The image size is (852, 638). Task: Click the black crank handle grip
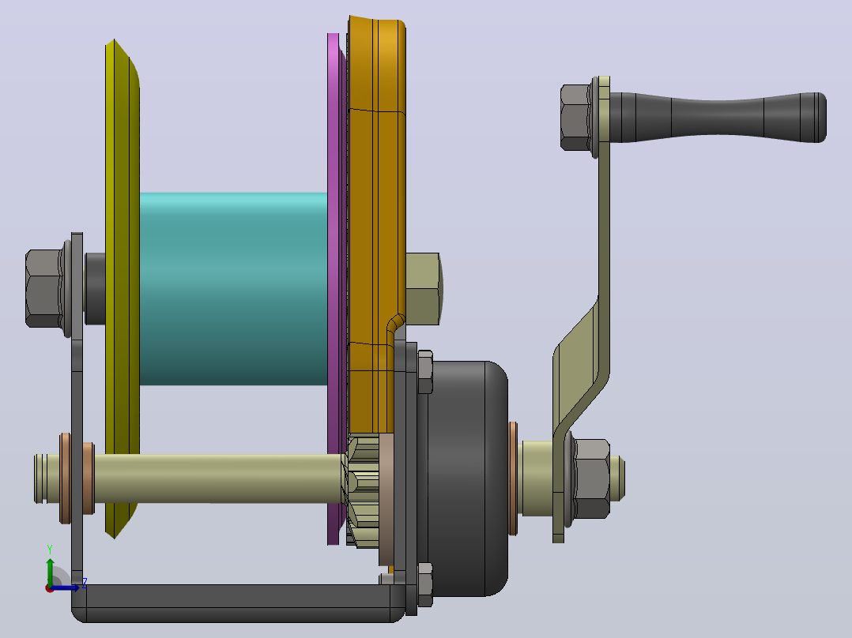(x=718, y=118)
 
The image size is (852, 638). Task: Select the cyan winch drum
(x=234, y=289)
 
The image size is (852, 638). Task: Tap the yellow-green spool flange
(x=123, y=289)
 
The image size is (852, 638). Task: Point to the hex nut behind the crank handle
(x=576, y=118)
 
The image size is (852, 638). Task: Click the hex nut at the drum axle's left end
(x=43, y=288)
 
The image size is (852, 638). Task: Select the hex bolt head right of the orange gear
(x=424, y=289)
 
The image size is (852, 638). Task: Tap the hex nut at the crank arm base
(x=591, y=478)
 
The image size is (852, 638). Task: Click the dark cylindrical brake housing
(x=467, y=478)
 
